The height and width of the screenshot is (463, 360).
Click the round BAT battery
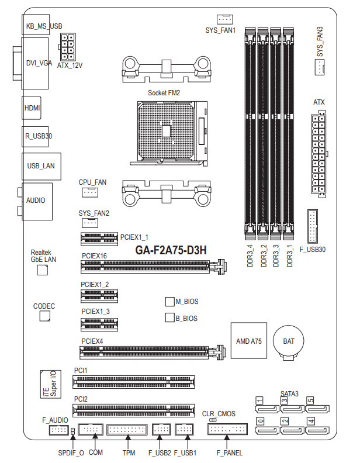pos(288,341)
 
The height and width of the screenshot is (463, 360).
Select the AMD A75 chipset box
pos(249,340)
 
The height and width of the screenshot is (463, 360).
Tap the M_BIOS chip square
pos(169,302)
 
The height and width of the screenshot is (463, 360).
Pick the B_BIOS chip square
pos(169,317)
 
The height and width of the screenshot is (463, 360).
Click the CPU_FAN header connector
pos(89,192)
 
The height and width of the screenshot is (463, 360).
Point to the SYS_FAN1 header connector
pos(224,19)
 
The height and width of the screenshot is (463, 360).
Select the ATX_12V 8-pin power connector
pos(68,47)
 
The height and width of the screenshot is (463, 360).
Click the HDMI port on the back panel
pos(32,108)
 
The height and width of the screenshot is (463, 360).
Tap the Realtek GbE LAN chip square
pos(42,270)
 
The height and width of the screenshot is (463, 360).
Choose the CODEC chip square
pos(45,316)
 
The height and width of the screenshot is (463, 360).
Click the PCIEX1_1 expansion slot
pos(99,239)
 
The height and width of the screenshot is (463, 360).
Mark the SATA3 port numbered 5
pos(317,409)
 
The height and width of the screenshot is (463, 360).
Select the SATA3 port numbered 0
pos(267,430)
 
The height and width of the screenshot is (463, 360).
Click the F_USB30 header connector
pos(313,226)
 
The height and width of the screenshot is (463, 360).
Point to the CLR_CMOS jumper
pos(213,420)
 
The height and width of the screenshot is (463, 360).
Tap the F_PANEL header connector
pos(227,429)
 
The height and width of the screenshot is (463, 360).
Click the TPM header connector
pos(127,429)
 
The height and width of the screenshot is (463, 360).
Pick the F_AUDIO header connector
pos(58,430)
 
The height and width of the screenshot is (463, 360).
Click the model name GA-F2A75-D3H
pos(171,250)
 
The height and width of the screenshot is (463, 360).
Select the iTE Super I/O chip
pos(51,384)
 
